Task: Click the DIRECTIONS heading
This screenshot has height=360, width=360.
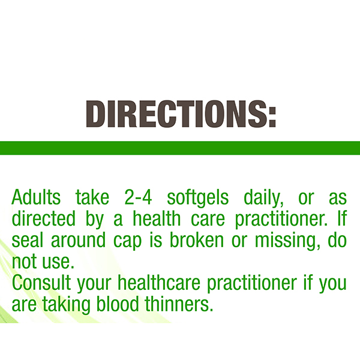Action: coord(181,113)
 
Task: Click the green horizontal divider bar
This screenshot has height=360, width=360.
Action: coord(180,148)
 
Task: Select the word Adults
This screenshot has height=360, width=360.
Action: coord(36,197)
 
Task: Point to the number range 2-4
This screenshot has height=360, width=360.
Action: coord(138,197)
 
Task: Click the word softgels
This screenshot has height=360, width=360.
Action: coord(198,198)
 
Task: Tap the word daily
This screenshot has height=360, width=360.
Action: coord(263,198)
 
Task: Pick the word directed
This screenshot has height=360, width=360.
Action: coord(43,218)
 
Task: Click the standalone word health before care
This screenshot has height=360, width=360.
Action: coord(157,218)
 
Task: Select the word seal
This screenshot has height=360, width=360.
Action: coord(28,240)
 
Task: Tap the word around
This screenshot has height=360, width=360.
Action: coord(78,240)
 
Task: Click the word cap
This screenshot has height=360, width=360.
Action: coord(127,242)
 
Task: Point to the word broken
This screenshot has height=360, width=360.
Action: coord(197,240)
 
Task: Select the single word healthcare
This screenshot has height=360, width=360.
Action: coord(159,283)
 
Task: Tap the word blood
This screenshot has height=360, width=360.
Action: coord(118,304)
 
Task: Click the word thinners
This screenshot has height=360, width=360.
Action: coord(178,304)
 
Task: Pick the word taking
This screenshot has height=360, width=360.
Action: coord(67,305)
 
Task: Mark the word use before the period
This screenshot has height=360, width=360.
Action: coord(56,263)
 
